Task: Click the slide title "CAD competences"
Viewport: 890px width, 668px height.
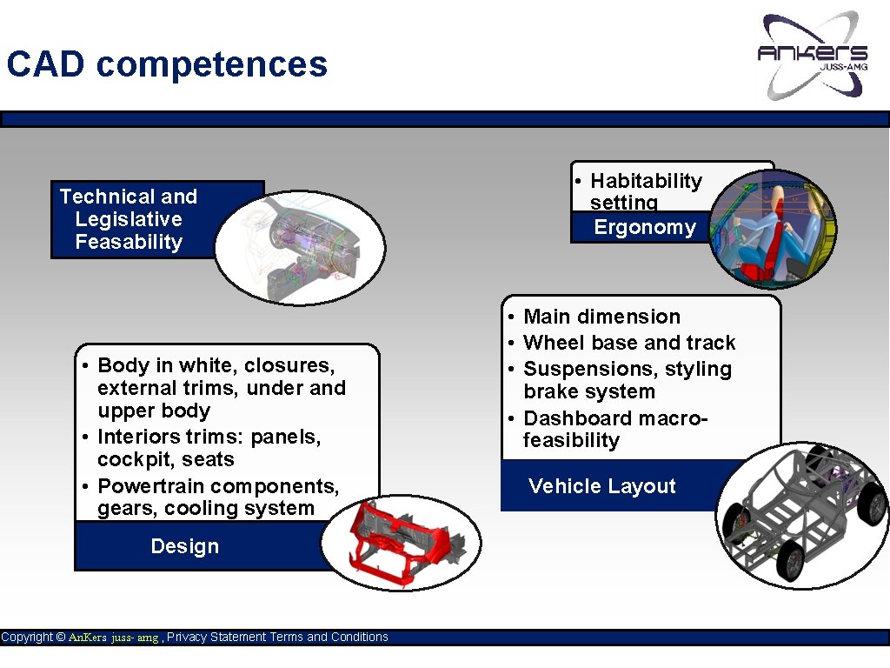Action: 167,65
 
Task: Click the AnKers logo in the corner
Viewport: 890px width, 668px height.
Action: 813,55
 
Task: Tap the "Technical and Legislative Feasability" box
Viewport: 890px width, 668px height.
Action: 129,219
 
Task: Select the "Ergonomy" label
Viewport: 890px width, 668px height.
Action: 644,228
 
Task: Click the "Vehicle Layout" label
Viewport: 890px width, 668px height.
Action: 601,486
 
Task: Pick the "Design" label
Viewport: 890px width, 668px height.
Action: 184,546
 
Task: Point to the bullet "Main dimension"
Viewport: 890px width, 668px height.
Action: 601,317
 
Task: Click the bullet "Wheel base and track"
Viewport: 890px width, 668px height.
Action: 629,343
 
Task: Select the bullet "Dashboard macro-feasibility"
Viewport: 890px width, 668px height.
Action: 615,429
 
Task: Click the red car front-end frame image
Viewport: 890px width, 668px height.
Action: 401,542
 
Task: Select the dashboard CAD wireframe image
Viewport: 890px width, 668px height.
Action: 300,245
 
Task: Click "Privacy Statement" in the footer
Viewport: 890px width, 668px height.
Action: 216,638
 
